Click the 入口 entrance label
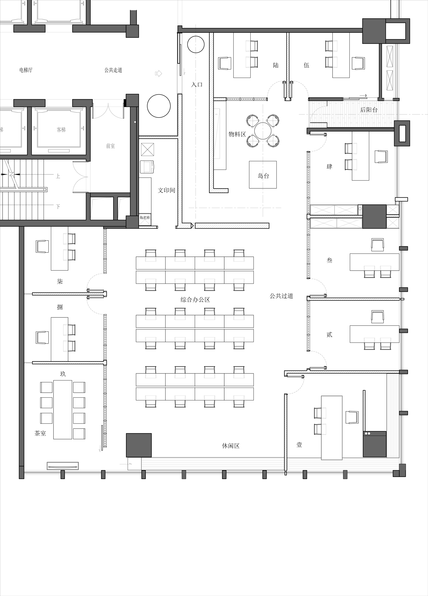(x=197, y=85)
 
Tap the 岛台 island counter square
(x=263, y=175)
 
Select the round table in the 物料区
(x=263, y=131)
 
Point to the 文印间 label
(x=166, y=190)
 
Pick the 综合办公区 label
(x=195, y=299)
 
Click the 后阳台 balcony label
(x=369, y=110)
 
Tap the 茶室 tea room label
(x=40, y=433)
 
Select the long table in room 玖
(x=63, y=409)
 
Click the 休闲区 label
(x=231, y=446)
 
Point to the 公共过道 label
(x=281, y=296)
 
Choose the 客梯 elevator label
(x=61, y=130)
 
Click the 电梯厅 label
(x=26, y=70)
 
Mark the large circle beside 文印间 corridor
(x=159, y=106)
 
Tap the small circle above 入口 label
(x=196, y=44)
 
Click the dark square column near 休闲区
(x=139, y=445)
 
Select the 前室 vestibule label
(x=110, y=146)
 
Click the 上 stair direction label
(x=58, y=176)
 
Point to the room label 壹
(x=299, y=445)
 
